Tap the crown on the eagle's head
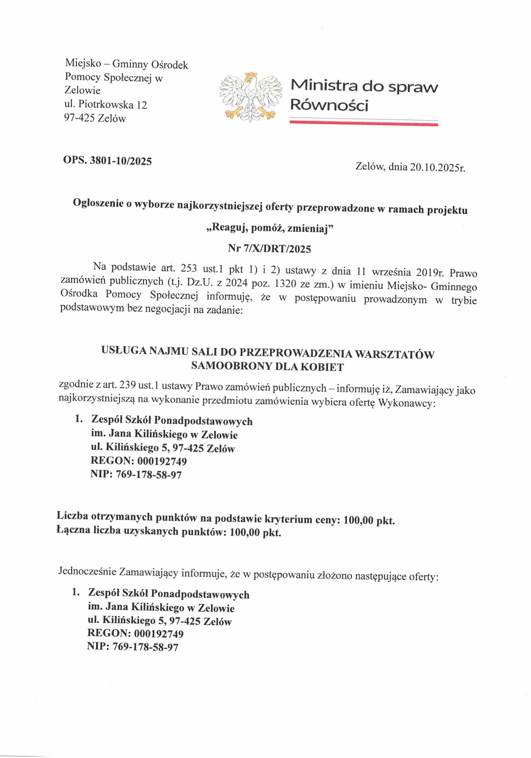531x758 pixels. pos(251,75)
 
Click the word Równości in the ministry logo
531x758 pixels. pos(329,105)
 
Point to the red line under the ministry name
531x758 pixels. pos(364,123)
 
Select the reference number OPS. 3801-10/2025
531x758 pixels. pos(107,161)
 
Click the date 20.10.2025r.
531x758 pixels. pos(437,167)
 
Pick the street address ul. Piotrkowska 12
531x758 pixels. pos(106,104)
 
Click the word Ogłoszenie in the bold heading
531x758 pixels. pos(99,203)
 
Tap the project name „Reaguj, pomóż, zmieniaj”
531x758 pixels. pos(269,228)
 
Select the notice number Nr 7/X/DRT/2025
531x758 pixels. pos(269,249)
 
